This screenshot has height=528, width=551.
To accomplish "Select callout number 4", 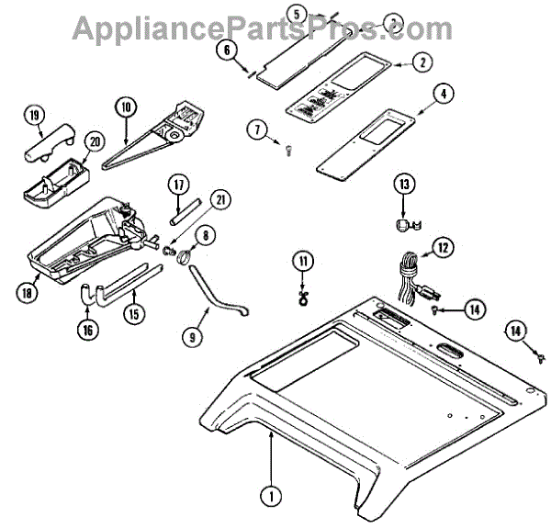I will [x=444, y=93].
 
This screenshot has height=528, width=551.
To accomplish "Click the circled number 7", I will [x=255, y=129].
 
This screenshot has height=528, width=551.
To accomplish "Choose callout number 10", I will [x=127, y=107].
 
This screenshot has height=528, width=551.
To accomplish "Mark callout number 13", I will [x=403, y=185].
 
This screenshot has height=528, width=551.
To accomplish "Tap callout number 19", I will [x=35, y=117].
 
